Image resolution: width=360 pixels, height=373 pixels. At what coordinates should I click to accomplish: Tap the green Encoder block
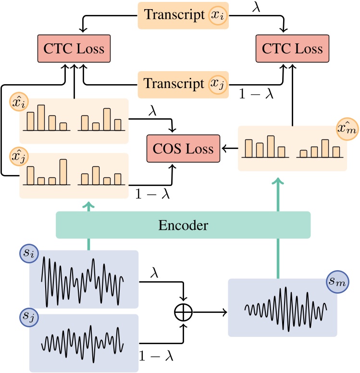pyautogui.click(x=183, y=224)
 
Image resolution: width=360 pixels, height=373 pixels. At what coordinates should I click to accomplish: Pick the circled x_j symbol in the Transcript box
pyautogui.click(x=217, y=84)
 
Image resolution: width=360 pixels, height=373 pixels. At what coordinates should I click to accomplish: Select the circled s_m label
pyautogui.click(x=339, y=283)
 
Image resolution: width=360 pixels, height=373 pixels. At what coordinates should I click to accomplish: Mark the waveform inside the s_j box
pyautogui.click(x=83, y=342)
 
